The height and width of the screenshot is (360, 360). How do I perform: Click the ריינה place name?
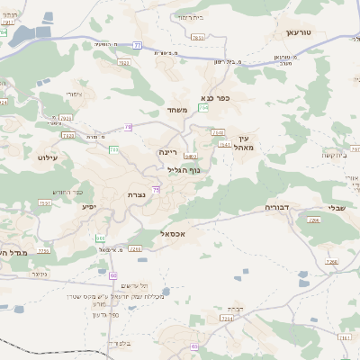[x=168, y=152]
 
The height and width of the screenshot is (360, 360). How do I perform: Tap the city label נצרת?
[x=138, y=195]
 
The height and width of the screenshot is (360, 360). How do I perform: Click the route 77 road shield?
[x=137, y=44]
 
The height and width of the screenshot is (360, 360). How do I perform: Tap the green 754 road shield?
[x=203, y=107]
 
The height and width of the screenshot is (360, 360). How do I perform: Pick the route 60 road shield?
[x=113, y=274]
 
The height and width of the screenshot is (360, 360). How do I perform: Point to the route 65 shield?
[x=194, y=346]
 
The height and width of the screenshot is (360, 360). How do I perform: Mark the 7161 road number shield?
[x=346, y=337]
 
